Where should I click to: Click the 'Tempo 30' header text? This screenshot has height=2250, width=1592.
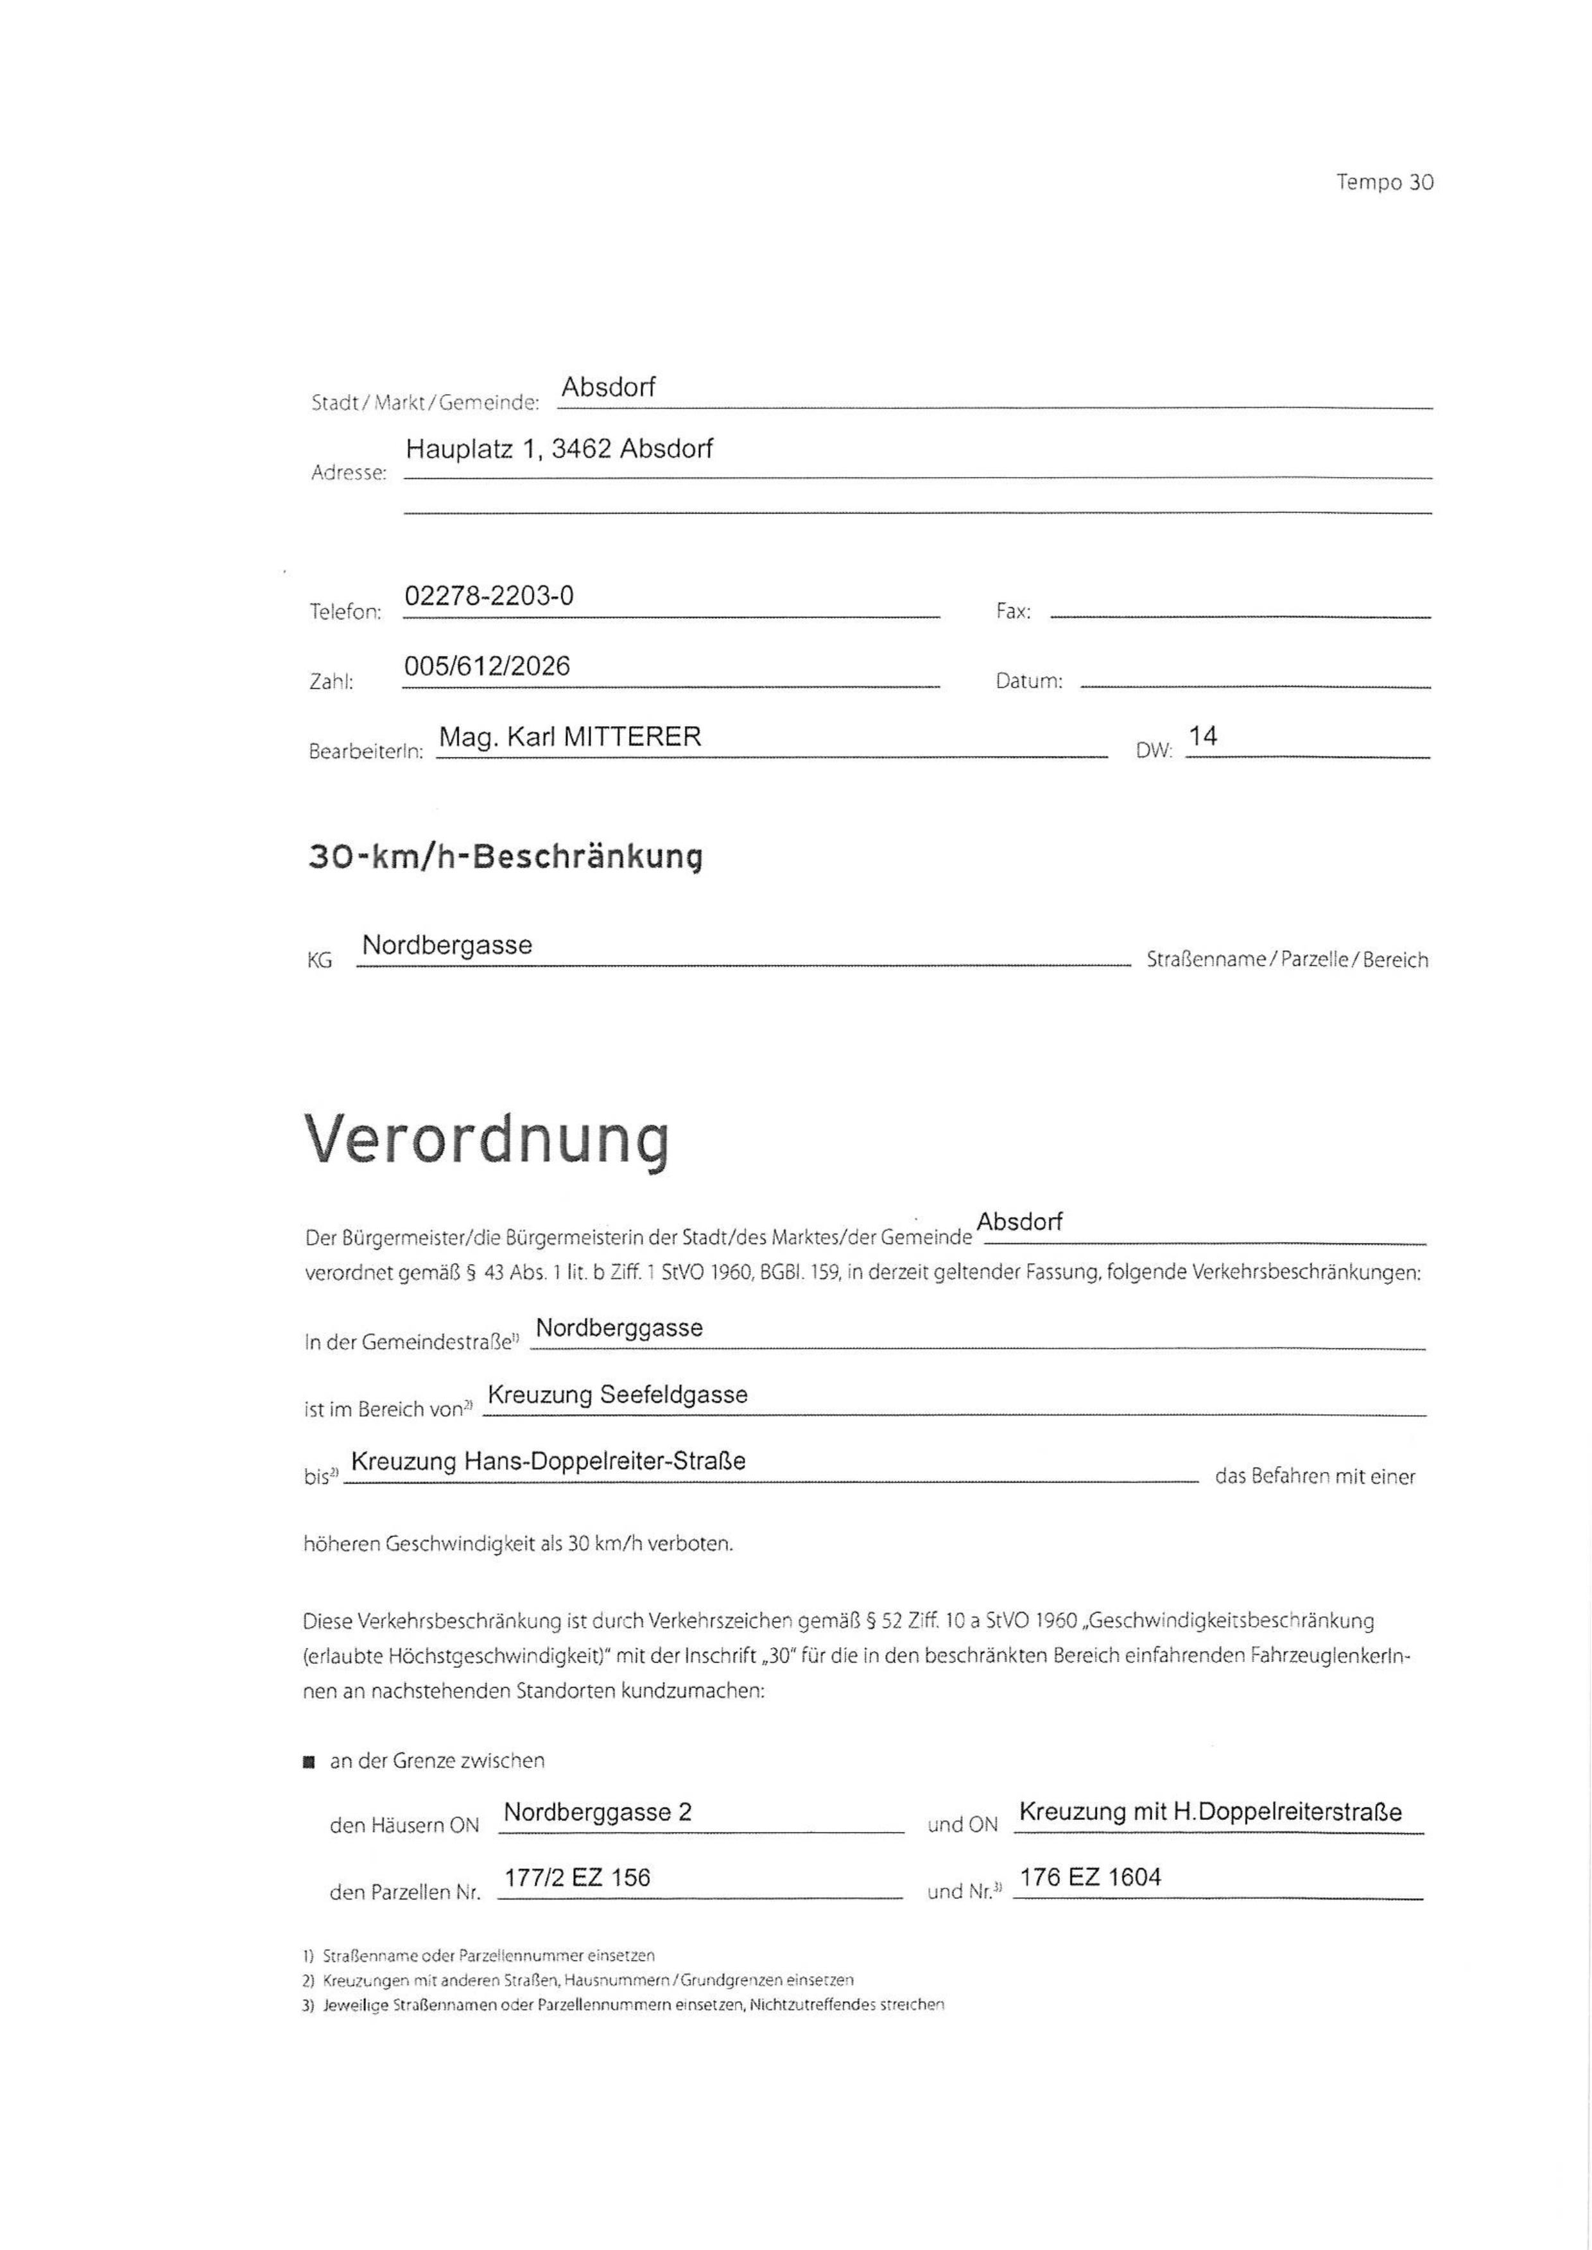tap(1384, 182)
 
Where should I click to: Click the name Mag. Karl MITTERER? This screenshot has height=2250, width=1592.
tap(569, 736)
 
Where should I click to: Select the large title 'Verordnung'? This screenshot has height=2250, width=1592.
tap(487, 1139)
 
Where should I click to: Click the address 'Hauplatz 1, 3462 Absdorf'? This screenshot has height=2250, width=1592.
tap(558, 448)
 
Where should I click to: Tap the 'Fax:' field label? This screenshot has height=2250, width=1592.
tap(1012, 610)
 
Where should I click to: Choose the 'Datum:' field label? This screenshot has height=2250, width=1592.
tap(1028, 680)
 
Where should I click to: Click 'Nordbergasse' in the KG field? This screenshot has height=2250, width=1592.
tap(447, 945)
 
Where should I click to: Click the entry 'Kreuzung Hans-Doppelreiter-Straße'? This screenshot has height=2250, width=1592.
tap(548, 1461)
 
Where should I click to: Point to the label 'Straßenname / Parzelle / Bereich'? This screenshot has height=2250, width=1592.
tap(1286, 960)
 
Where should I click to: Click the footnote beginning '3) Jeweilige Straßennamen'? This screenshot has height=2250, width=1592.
tap(623, 2005)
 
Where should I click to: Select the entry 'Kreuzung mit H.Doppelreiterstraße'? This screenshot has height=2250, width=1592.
tap(1209, 1812)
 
